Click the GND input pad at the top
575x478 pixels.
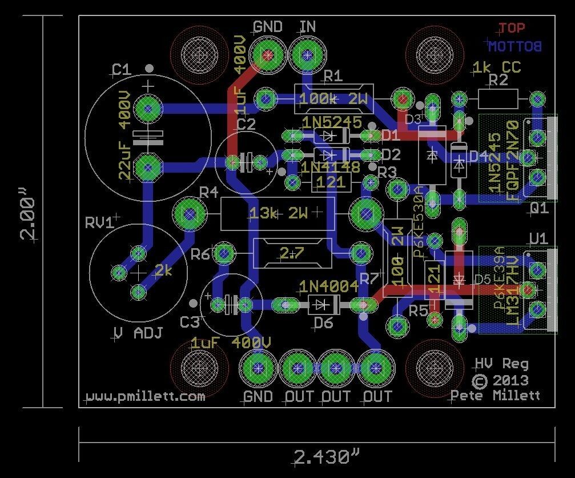tap(268, 55)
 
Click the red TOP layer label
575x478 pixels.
tap(511, 27)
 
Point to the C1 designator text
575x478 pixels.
tap(121, 70)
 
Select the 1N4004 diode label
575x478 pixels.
tap(329, 286)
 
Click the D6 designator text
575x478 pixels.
tap(323, 323)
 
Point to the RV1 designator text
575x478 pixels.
tap(99, 222)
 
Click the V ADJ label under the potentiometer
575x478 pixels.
tap(138, 333)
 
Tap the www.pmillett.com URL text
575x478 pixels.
tap(145, 396)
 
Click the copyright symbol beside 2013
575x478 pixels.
tap(480, 380)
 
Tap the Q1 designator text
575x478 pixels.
tap(539, 209)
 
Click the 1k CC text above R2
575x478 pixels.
tap(496, 68)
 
